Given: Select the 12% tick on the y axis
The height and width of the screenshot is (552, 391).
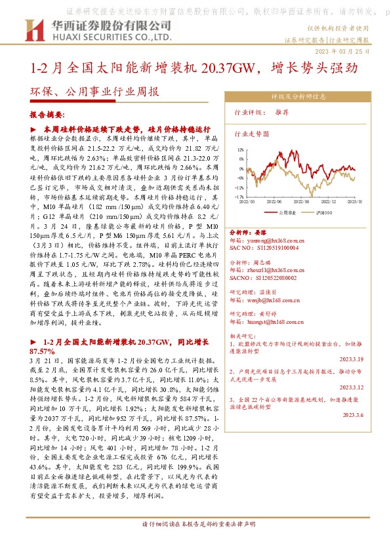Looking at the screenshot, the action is coord(242,149).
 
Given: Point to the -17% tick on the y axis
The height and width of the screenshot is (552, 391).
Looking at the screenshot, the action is coord(241,197).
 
